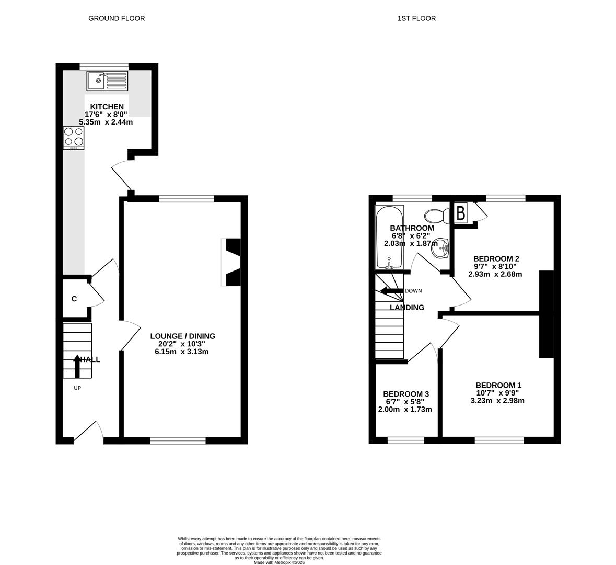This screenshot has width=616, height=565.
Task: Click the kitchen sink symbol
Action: coord(107,81)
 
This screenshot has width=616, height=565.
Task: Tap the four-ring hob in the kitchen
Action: coord(74,138)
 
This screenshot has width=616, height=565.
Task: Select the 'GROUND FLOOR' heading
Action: coord(117,18)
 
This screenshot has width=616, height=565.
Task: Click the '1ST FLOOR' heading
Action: coord(416,18)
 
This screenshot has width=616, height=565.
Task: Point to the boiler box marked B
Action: coord(461,213)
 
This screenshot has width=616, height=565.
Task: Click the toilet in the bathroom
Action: coord(437,215)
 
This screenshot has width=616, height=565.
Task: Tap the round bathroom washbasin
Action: coord(440,248)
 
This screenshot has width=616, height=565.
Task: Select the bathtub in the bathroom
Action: coord(389,237)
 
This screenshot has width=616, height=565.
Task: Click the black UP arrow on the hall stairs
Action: coord(77,366)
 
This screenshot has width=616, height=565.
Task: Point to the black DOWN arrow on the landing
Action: coord(392,291)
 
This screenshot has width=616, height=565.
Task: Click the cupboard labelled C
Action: coord(75,299)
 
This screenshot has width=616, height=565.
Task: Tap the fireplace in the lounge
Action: coord(231,262)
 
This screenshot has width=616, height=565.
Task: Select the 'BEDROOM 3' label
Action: coord(406,394)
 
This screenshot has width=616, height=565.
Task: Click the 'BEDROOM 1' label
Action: coord(498,385)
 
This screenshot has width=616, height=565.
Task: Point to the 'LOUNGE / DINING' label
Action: coord(183,336)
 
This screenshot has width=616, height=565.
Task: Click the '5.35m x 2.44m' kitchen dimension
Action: coord(106,122)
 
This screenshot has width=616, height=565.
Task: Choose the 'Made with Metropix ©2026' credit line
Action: coord(280,562)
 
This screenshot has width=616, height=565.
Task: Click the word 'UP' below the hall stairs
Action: coord(77,388)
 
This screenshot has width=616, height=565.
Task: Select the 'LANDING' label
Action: coord(407,307)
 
